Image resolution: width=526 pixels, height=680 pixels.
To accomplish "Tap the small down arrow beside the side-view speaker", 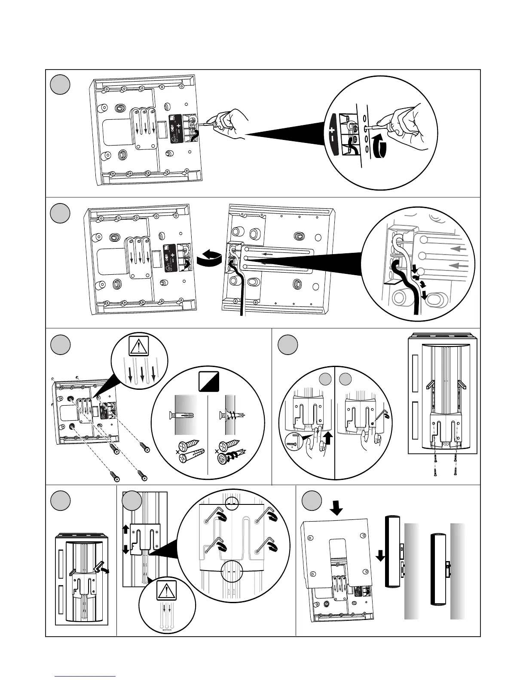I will pyautogui.click(x=380, y=556).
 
